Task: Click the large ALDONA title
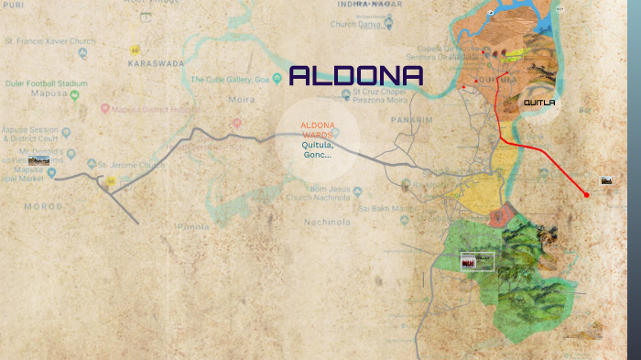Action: (356, 77)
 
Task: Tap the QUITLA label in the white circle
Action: (539, 103)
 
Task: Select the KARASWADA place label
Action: (156, 64)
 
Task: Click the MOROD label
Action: (44, 208)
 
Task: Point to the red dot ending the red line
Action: (586, 194)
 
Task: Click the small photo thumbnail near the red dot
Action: (606, 181)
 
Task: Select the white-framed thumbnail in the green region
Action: (476, 262)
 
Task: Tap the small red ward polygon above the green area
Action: (500, 216)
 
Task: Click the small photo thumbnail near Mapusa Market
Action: (38, 161)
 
